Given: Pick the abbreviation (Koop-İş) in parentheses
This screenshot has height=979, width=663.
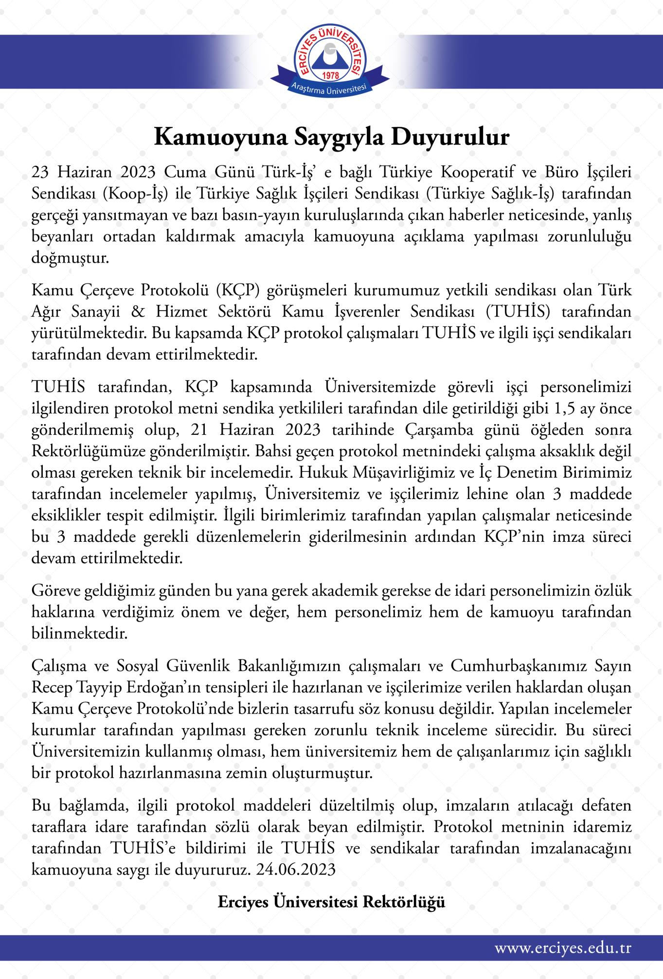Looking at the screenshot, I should click(136, 194).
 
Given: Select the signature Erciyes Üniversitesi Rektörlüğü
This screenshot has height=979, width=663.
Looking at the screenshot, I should click(331, 903).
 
